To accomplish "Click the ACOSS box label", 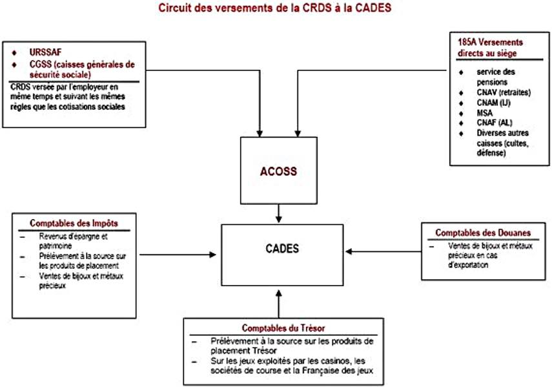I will [x=279, y=172].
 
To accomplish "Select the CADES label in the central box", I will [x=282, y=248].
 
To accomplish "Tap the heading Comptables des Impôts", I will [x=73, y=224].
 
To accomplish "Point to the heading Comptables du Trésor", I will [x=279, y=328].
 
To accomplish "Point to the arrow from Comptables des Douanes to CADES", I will [x=382, y=251].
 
